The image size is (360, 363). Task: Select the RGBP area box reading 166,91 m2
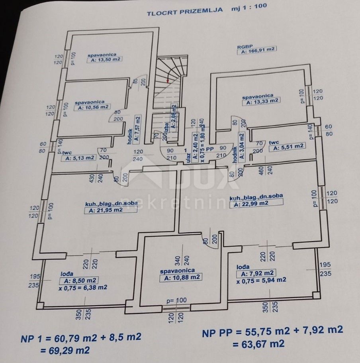(257, 50)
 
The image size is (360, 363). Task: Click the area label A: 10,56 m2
(92, 107)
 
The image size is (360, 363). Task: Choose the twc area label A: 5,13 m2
(79, 158)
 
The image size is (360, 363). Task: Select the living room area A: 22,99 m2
(257, 203)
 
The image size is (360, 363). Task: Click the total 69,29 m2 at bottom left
(65, 350)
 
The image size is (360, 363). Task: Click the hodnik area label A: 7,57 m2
(138, 128)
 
